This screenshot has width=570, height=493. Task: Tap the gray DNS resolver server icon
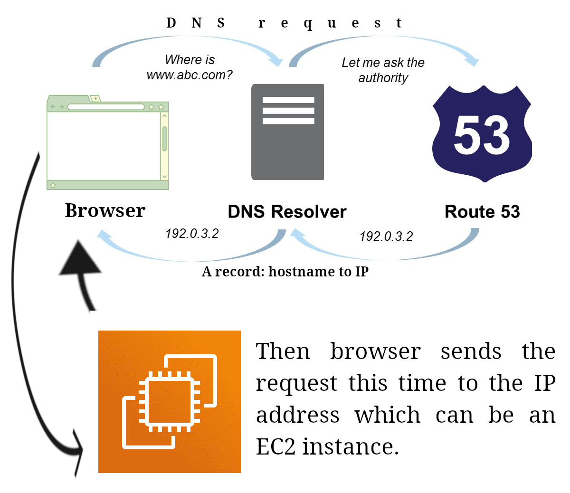pyautogui.click(x=288, y=132)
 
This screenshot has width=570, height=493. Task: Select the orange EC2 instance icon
pyautogui.click(x=170, y=401)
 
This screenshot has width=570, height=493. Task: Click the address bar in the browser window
pyautogui.click(x=105, y=107)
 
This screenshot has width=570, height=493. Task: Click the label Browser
pyautogui.click(x=105, y=210)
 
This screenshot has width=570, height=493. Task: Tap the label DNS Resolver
pyautogui.click(x=287, y=212)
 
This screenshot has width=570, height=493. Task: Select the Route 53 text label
pyautogui.click(x=482, y=212)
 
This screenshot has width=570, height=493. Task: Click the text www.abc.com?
pyautogui.click(x=190, y=75)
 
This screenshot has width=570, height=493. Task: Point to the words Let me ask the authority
pyautogui.click(x=383, y=70)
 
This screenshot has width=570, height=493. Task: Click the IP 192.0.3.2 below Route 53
pyautogui.click(x=386, y=237)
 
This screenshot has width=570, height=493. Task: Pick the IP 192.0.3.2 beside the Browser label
pyautogui.click(x=192, y=234)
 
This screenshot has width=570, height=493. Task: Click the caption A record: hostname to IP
pyautogui.click(x=285, y=272)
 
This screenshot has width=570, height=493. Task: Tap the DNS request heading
pyautogui.click(x=284, y=23)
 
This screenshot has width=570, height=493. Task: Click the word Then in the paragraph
pyautogui.click(x=283, y=351)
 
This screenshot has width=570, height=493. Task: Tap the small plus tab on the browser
pyautogui.click(x=95, y=99)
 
